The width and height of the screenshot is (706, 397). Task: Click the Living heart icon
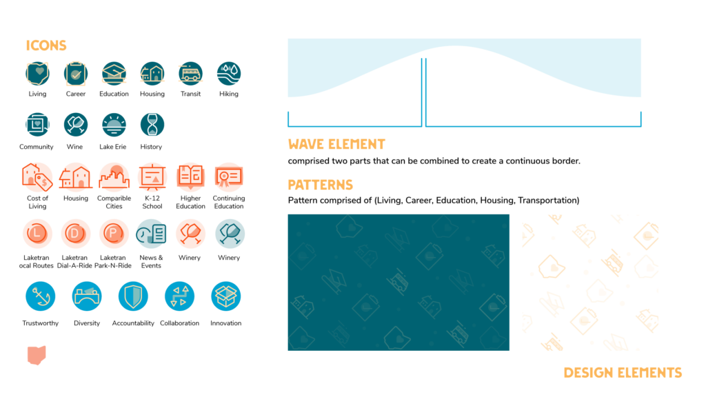pyautogui.click(x=37, y=73)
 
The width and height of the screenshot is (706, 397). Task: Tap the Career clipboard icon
pyautogui.click(x=76, y=73)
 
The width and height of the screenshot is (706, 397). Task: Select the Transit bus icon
pyautogui.click(x=190, y=73)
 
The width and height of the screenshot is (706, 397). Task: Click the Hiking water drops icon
pyautogui.click(x=229, y=73)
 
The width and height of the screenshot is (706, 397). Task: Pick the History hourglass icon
pyautogui.click(x=152, y=125)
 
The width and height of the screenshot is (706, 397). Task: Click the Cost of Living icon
pyautogui.click(x=37, y=177)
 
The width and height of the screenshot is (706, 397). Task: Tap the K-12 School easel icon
pyautogui.click(x=152, y=177)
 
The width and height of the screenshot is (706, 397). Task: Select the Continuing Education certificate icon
pyautogui.click(x=228, y=177)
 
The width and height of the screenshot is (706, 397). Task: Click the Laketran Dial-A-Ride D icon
pyautogui.click(x=76, y=234)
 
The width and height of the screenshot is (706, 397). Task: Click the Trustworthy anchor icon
pyautogui.click(x=40, y=296)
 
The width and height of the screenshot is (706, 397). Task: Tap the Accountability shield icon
pyautogui.click(x=132, y=296)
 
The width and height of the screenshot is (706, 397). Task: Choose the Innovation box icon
pyautogui.click(x=225, y=296)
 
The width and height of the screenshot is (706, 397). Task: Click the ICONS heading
pyautogui.click(x=46, y=45)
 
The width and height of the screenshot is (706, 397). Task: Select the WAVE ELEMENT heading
pyautogui.click(x=336, y=144)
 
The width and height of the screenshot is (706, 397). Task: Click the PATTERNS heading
pyautogui.click(x=320, y=185)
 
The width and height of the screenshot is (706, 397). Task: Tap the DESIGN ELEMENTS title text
pyautogui.click(x=623, y=373)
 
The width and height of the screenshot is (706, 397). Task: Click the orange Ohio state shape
pyautogui.click(x=37, y=354)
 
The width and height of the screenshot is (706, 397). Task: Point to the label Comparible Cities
pyautogui.click(x=114, y=203)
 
